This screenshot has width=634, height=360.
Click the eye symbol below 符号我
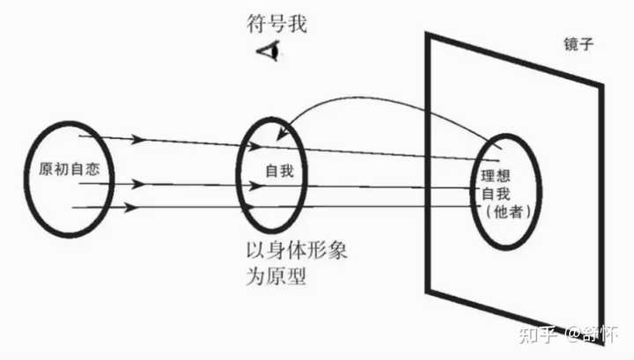269,52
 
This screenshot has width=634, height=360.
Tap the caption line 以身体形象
300,249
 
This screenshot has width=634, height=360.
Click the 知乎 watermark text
537,335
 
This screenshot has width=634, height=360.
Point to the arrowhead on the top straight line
137,139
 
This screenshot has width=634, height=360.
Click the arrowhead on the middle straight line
137,185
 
